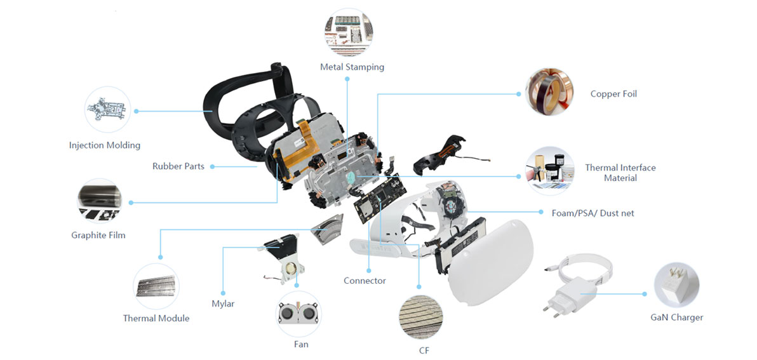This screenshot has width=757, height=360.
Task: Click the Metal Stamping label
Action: [x=352, y=67]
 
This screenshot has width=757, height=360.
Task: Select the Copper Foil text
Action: [x=613, y=94]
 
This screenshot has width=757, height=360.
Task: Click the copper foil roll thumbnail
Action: [x=549, y=93]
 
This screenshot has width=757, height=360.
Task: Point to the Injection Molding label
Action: [x=105, y=145]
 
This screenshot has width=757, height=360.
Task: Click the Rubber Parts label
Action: [x=178, y=166]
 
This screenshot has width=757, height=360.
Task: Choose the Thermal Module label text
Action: [x=156, y=318]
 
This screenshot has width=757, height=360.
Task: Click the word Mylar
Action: [x=223, y=303]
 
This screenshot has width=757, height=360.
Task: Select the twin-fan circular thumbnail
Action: [x=299, y=314]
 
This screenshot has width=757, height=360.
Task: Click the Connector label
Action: [x=365, y=281]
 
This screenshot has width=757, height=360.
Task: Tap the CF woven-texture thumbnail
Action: [x=420, y=314]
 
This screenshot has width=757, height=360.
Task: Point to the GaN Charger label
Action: [x=676, y=317]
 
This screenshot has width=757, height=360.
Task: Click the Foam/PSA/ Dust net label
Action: [x=593, y=213]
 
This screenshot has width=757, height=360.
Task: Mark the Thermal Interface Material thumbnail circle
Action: [x=550, y=170]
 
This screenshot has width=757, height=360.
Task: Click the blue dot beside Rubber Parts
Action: [x=212, y=167]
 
